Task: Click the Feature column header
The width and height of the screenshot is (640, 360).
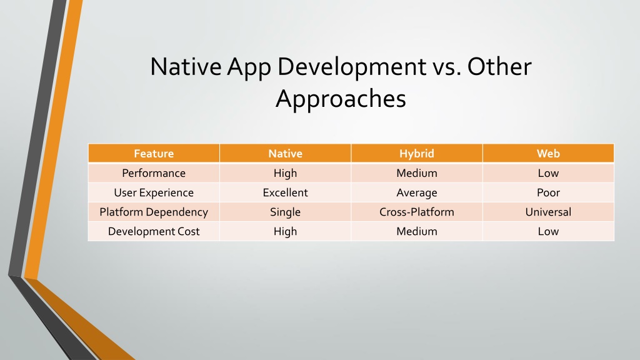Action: click(x=154, y=154)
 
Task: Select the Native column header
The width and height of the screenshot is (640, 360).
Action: click(x=285, y=154)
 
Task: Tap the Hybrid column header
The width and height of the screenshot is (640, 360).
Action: click(x=417, y=154)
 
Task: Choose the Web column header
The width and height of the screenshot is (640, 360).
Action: click(x=548, y=154)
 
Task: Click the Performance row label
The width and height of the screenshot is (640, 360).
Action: click(x=154, y=173)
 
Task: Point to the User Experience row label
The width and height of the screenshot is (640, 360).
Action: click(x=154, y=192)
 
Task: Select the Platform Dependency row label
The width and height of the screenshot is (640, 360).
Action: click(x=154, y=212)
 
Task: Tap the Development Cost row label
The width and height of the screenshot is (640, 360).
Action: click(x=154, y=231)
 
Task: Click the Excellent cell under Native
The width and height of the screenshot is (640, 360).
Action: click(x=285, y=192)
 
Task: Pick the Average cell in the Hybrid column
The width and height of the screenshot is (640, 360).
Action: click(x=417, y=192)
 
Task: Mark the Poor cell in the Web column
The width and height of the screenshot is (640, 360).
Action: click(x=548, y=192)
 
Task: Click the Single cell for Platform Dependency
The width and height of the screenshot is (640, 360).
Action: click(x=285, y=212)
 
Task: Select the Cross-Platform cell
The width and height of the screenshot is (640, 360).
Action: click(x=417, y=212)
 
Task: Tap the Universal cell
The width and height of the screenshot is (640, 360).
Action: click(x=548, y=212)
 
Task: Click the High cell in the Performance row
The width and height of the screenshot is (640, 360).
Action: click(x=285, y=173)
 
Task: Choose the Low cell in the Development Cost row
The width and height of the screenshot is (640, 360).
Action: click(x=548, y=231)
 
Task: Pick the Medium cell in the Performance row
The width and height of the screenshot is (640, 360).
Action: click(x=417, y=173)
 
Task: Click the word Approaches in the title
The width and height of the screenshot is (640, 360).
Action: click(x=341, y=99)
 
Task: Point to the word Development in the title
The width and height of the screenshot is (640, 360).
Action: click(x=352, y=66)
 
